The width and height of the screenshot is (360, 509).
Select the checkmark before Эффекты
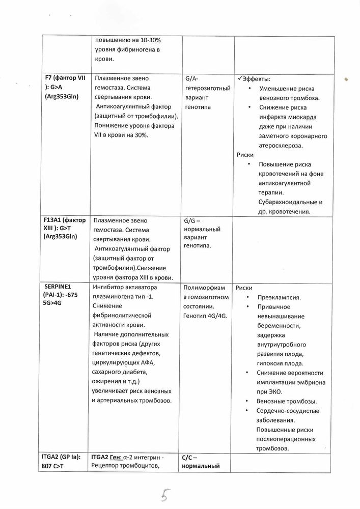pyautogui.click(x=240, y=79)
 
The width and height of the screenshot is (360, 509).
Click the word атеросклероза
pyautogui.click(x=283, y=145)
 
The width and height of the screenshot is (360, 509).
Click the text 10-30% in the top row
pyautogui.click(x=156, y=39)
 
